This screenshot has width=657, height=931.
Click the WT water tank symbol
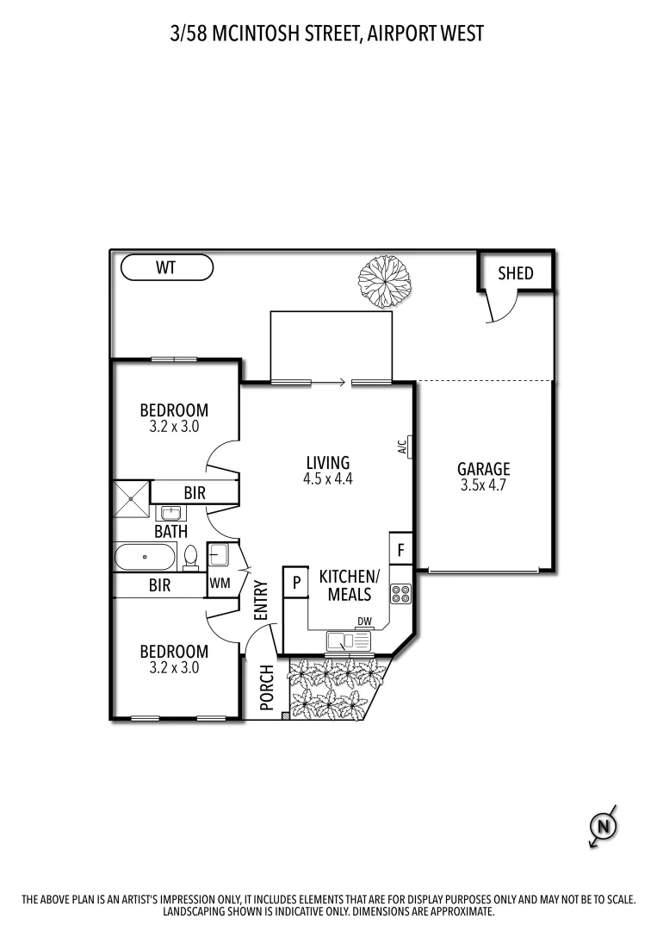(x=166, y=268)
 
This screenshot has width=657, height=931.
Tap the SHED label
(x=516, y=273)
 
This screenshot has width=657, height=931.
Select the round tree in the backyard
(x=385, y=280)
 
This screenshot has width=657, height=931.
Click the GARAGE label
(x=483, y=469)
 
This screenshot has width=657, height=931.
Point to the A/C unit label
(x=402, y=447)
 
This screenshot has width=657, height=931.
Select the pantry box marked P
(x=295, y=583)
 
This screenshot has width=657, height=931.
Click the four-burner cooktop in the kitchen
(x=401, y=593)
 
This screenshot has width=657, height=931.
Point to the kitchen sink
(x=348, y=640)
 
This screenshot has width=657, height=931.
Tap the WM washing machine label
(x=219, y=584)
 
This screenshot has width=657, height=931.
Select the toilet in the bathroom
(x=191, y=557)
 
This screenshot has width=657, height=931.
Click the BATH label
(x=170, y=532)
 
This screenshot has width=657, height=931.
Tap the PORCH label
(x=266, y=687)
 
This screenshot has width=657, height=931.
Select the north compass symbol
(x=604, y=827)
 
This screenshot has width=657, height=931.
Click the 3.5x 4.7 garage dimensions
(x=483, y=485)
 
